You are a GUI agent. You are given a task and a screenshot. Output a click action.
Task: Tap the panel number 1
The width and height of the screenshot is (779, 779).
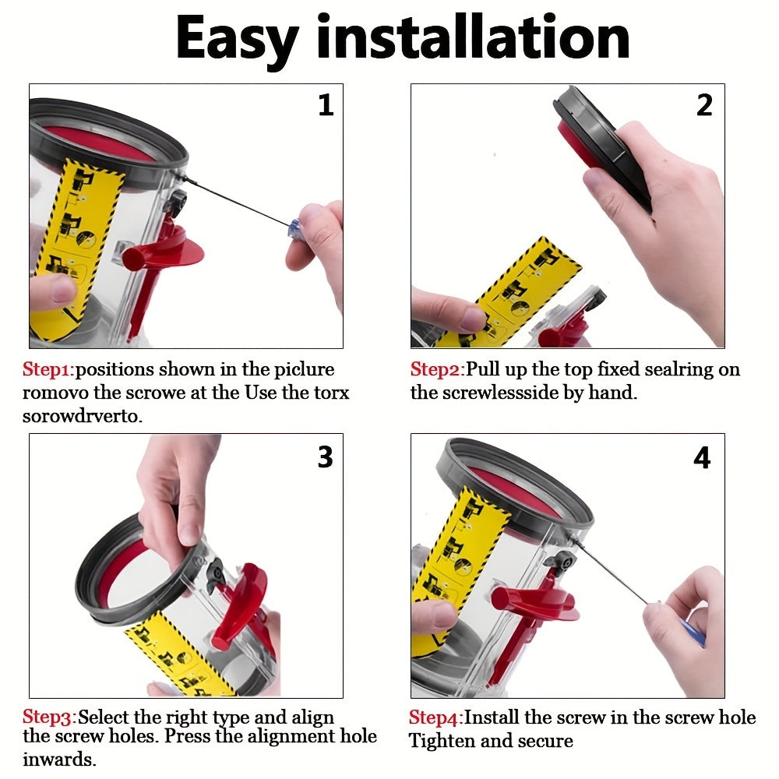point(326,105)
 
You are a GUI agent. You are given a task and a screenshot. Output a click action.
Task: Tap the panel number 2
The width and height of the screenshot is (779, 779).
point(704,105)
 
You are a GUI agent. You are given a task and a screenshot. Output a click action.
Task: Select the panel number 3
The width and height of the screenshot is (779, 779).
point(326,456)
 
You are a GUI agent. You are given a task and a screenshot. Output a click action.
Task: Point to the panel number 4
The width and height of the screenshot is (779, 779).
point(702,457)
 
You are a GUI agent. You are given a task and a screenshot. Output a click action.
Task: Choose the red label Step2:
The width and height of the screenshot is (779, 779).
point(438,369)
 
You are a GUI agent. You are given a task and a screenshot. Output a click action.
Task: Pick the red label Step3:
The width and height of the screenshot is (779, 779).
point(50,717)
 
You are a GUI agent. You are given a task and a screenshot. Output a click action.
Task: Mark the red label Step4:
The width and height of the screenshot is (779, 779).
point(436,718)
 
